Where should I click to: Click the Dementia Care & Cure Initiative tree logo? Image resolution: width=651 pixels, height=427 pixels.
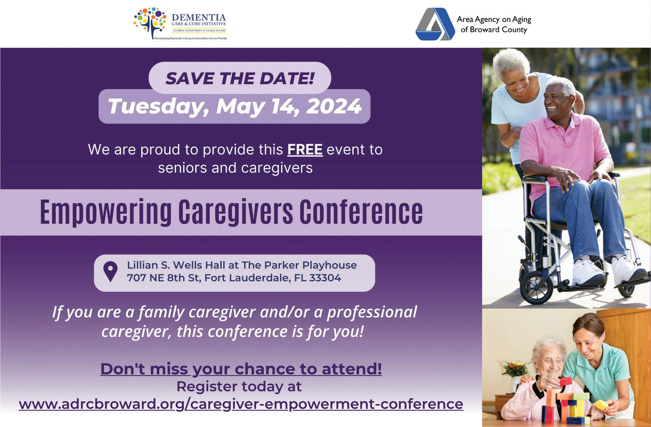[150, 23]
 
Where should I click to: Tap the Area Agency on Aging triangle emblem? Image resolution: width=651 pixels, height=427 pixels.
[435, 24]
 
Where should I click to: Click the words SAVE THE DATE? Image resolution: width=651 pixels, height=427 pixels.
[240, 78]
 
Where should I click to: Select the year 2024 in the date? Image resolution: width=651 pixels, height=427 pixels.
[334, 106]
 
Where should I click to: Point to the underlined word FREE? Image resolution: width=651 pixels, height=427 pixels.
[305, 150]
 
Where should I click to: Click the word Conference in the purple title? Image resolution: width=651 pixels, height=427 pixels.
[361, 212]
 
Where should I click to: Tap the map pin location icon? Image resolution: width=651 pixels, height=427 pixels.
[110, 271]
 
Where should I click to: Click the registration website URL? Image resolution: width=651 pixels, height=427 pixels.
[241, 404]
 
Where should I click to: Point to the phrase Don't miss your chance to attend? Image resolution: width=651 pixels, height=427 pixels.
[241, 369]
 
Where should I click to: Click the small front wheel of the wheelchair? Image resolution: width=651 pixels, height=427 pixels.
[536, 287]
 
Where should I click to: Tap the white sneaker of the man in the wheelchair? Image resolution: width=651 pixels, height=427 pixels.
[589, 273]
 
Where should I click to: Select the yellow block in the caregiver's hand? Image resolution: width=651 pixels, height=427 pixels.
[602, 405]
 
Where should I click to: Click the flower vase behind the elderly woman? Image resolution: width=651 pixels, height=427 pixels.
[514, 384]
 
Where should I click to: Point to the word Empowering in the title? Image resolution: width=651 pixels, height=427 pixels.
[106, 212]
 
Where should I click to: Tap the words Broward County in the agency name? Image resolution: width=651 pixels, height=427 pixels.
[498, 30]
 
